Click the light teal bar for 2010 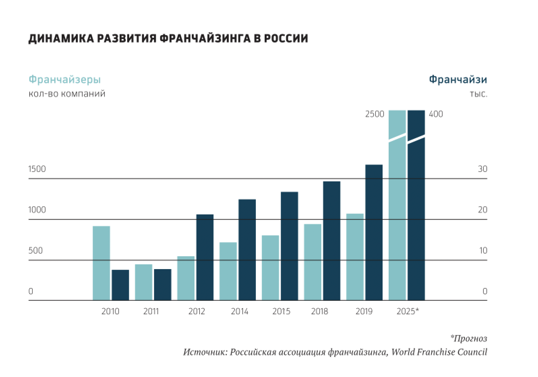tap(101, 263)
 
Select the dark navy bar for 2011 tap(162, 285)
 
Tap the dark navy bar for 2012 tap(205, 257)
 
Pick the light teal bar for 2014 tap(228, 271)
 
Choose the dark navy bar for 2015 tap(290, 246)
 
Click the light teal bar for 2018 tap(313, 262)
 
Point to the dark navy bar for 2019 tap(374, 232)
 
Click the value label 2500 tap(375, 114)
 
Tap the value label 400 tap(436, 114)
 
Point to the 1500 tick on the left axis tap(37, 169)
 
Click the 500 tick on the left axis tap(35, 251)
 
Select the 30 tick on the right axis tap(482, 169)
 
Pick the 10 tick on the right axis tap(483, 251)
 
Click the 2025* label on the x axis tap(408, 311)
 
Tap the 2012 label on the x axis tap(197, 311)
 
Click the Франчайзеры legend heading tap(65, 80)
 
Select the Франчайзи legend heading tap(458, 80)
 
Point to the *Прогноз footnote tap(469, 338)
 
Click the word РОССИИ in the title tap(286, 38)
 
